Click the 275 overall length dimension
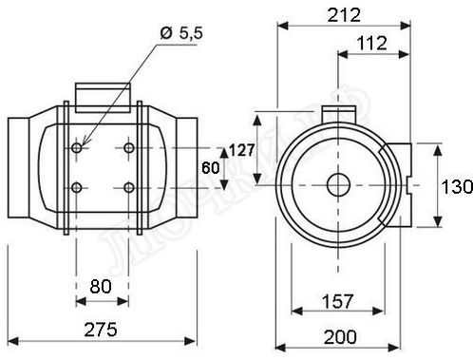[101, 330]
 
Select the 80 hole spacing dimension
[101, 287]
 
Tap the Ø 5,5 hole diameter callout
[181, 33]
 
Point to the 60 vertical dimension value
[211, 167]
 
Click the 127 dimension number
[242, 150]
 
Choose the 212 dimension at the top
[344, 15]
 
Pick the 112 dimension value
[372, 43]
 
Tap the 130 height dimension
[457, 186]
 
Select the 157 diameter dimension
[337, 301]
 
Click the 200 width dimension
[340, 336]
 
